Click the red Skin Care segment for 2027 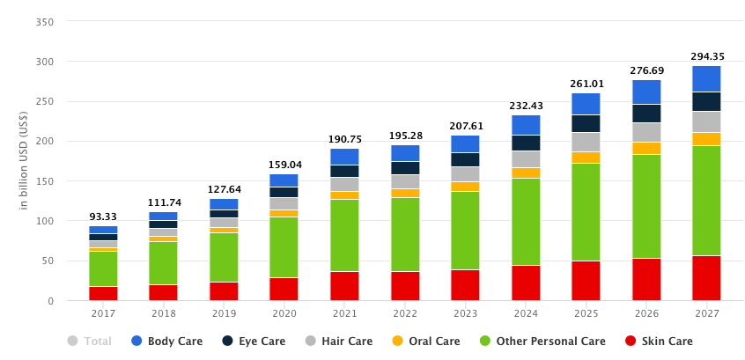pos(705,278)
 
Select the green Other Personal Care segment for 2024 pos(526,222)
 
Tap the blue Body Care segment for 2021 pos(344,157)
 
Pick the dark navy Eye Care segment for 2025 pos(586,123)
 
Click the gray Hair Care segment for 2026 pos(646,132)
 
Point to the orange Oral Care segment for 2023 pos(465,187)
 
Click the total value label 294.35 pos(707,56)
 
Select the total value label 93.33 pos(103,217)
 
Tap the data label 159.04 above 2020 pos(284,165)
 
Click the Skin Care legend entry pos(666,342)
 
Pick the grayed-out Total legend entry pos(98,342)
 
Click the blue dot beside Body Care pos(136,342)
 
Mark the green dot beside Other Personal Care pos(485,342)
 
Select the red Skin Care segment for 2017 pos(103,293)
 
